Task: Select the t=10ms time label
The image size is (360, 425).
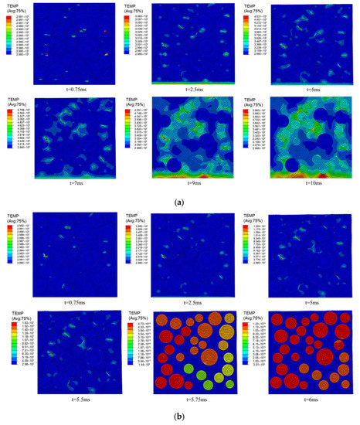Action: (x=312, y=183)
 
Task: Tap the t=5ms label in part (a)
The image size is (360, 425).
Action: (x=313, y=89)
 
